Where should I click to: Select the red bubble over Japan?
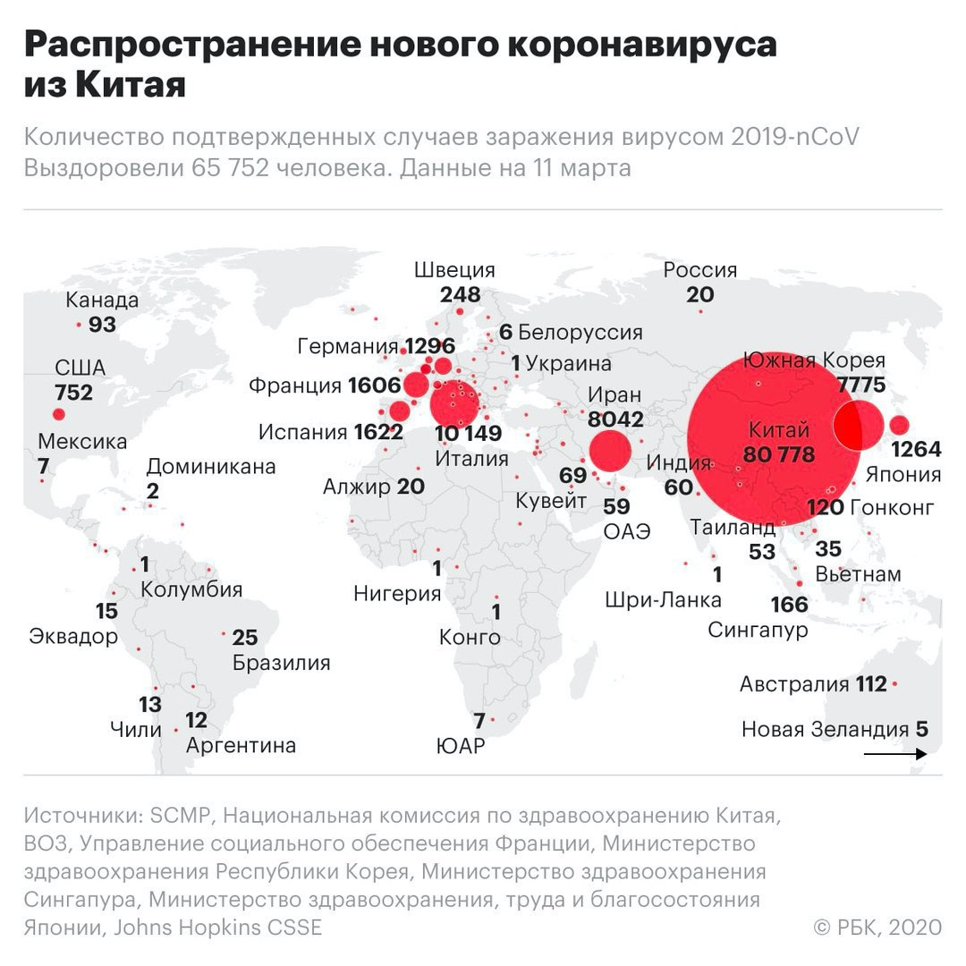[x=899, y=426]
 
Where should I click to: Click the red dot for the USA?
[x=59, y=414]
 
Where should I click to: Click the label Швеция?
[x=454, y=270]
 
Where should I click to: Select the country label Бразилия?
[x=281, y=663]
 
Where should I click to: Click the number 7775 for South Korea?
[x=860, y=386]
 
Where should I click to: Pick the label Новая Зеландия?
[x=824, y=730]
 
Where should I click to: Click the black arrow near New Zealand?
[x=894, y=754]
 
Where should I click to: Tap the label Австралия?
[x=793, y=685]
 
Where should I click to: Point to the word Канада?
[x=103, y=300]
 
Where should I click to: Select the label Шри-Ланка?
[x=663, y=599]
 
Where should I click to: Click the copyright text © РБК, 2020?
[x=877, y=928]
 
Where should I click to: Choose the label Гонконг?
[x=892, y=508]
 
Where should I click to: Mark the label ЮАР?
[x=460, y=745]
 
